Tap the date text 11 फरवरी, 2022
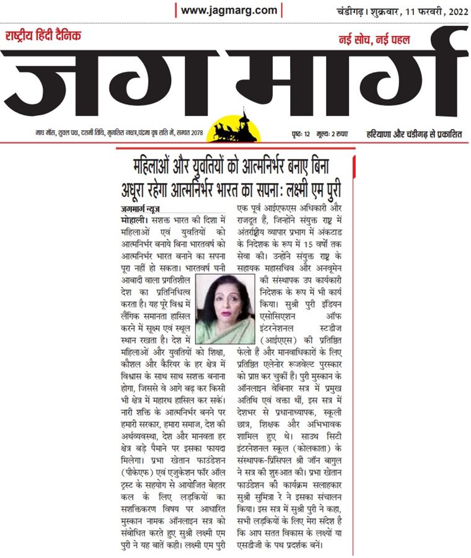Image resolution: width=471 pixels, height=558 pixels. [x=427, y=12]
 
